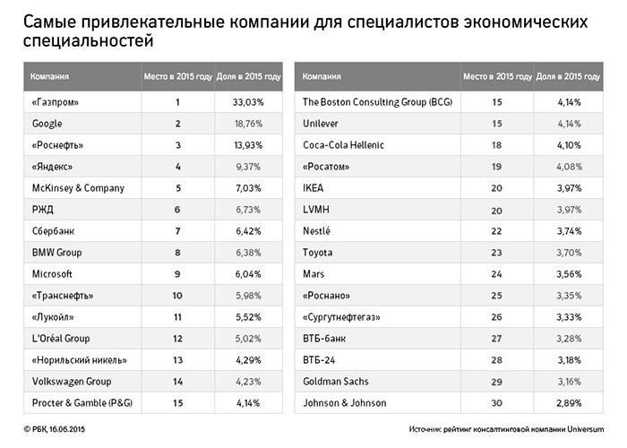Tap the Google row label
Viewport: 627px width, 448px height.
point(47,124)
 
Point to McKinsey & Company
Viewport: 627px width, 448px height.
point(78,188)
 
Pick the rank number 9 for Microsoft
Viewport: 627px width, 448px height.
point(177,274)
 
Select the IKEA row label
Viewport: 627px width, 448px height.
point(316,188)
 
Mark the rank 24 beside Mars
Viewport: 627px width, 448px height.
point(496,274)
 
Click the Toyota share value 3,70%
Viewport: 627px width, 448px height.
point(557,253)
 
